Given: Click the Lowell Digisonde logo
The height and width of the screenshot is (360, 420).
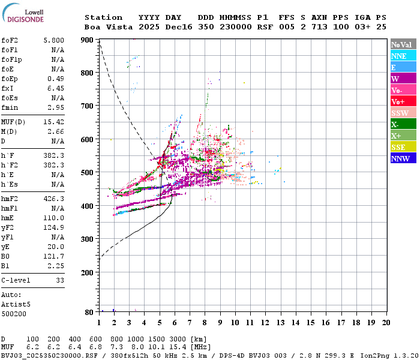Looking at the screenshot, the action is [23, 13].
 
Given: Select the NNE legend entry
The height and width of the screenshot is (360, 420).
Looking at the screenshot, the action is [403, 56].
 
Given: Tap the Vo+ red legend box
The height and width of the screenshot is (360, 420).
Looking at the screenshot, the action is [403, 101].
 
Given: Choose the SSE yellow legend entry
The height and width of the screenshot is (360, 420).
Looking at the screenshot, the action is [403, 147].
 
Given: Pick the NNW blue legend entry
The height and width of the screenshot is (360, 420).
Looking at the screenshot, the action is [403, 158].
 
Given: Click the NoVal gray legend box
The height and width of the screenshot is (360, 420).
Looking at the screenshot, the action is [403, 44].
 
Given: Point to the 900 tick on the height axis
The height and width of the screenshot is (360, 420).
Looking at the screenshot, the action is [87, 40].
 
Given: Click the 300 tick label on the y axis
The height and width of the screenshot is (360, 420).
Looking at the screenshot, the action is [87, 239].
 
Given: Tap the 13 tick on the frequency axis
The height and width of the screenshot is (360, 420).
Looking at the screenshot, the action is [280, 323].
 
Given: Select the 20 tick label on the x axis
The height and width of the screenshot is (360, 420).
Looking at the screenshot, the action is [386, 323].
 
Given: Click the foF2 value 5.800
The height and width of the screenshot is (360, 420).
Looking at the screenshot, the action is [54, 40].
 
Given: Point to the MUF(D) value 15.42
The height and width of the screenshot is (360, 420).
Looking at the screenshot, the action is [54, 122].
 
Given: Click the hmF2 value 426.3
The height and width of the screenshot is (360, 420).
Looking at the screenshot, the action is [54, 199].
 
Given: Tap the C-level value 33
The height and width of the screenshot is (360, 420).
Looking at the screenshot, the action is [60, 280].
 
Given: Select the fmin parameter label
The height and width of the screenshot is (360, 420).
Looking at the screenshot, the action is [10, 107].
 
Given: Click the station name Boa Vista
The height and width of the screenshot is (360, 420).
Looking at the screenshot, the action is [109, 27].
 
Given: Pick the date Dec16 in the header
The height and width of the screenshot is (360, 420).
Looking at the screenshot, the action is [179, 27].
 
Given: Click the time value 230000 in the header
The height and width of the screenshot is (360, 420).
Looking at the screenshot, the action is [236, 27].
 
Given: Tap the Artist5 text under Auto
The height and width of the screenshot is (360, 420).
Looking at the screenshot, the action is [16, 305].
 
